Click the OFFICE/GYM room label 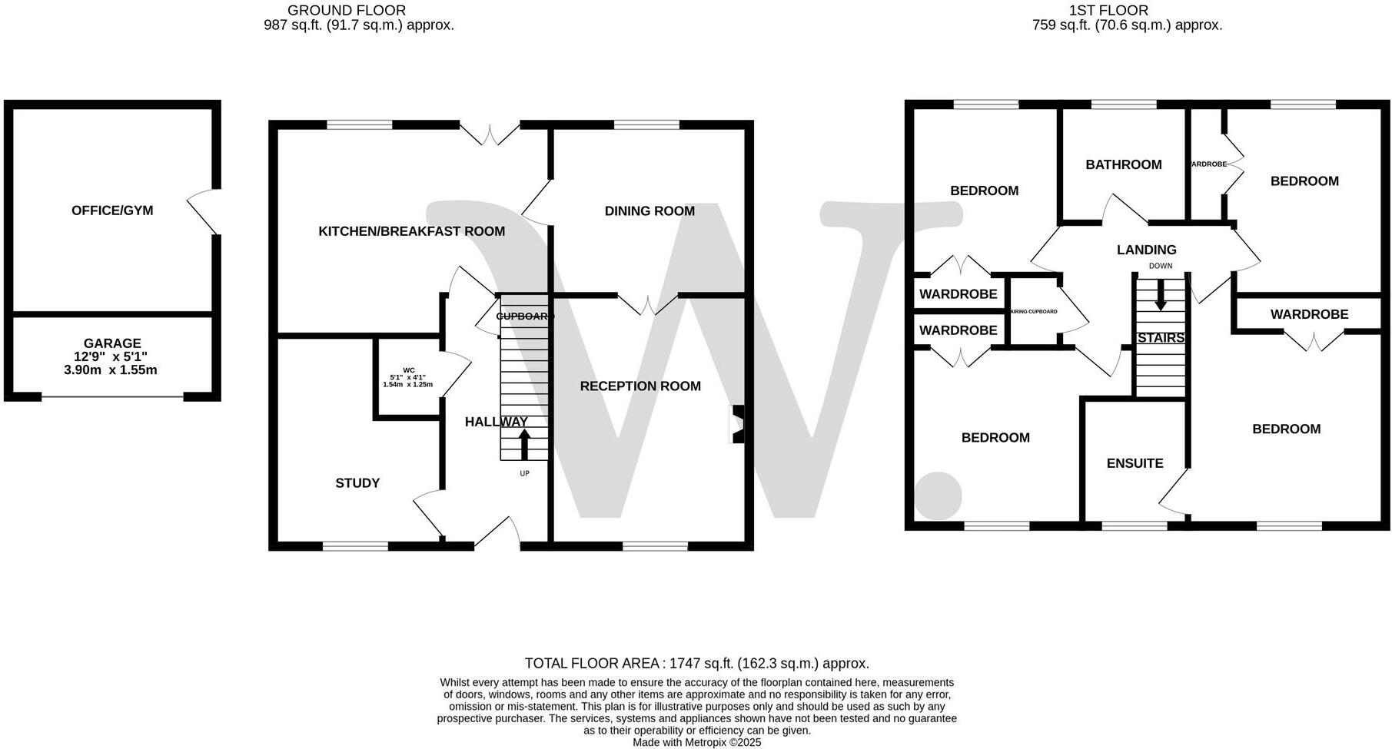(x=112, y=210)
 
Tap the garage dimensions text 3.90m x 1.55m (x=111, y=370)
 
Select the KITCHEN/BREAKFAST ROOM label (x=411, y=231)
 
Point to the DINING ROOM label (x=649, y=211)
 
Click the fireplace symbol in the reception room (x=737, y=425)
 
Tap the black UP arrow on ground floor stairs (x=524, y=445)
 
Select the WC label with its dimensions (x=407, y=377)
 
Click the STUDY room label (x=357, y=483)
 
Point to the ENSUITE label (x=1135, y=463)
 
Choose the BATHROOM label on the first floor (x=1123, y=164)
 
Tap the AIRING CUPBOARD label (x=1033, y=312)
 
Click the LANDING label (x=1146, y=250)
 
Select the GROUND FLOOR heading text (x=347, y=10)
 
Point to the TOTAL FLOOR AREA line (x=696, y=663)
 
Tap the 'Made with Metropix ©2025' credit (x=696, y=743)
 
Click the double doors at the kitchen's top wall (x=490, y=134)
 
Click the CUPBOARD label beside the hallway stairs (x=525, y=317)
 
